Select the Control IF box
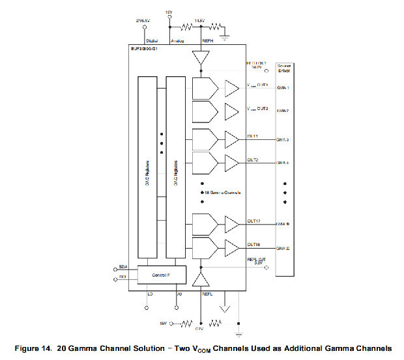[162, 275]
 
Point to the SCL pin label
[122, 278]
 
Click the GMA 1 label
[283, 87]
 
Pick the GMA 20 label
[283, 248]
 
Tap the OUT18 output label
[253, 245]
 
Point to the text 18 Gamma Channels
[223, 193]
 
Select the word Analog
[178, 40]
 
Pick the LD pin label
[150, 294]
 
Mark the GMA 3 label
[283, 140]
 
